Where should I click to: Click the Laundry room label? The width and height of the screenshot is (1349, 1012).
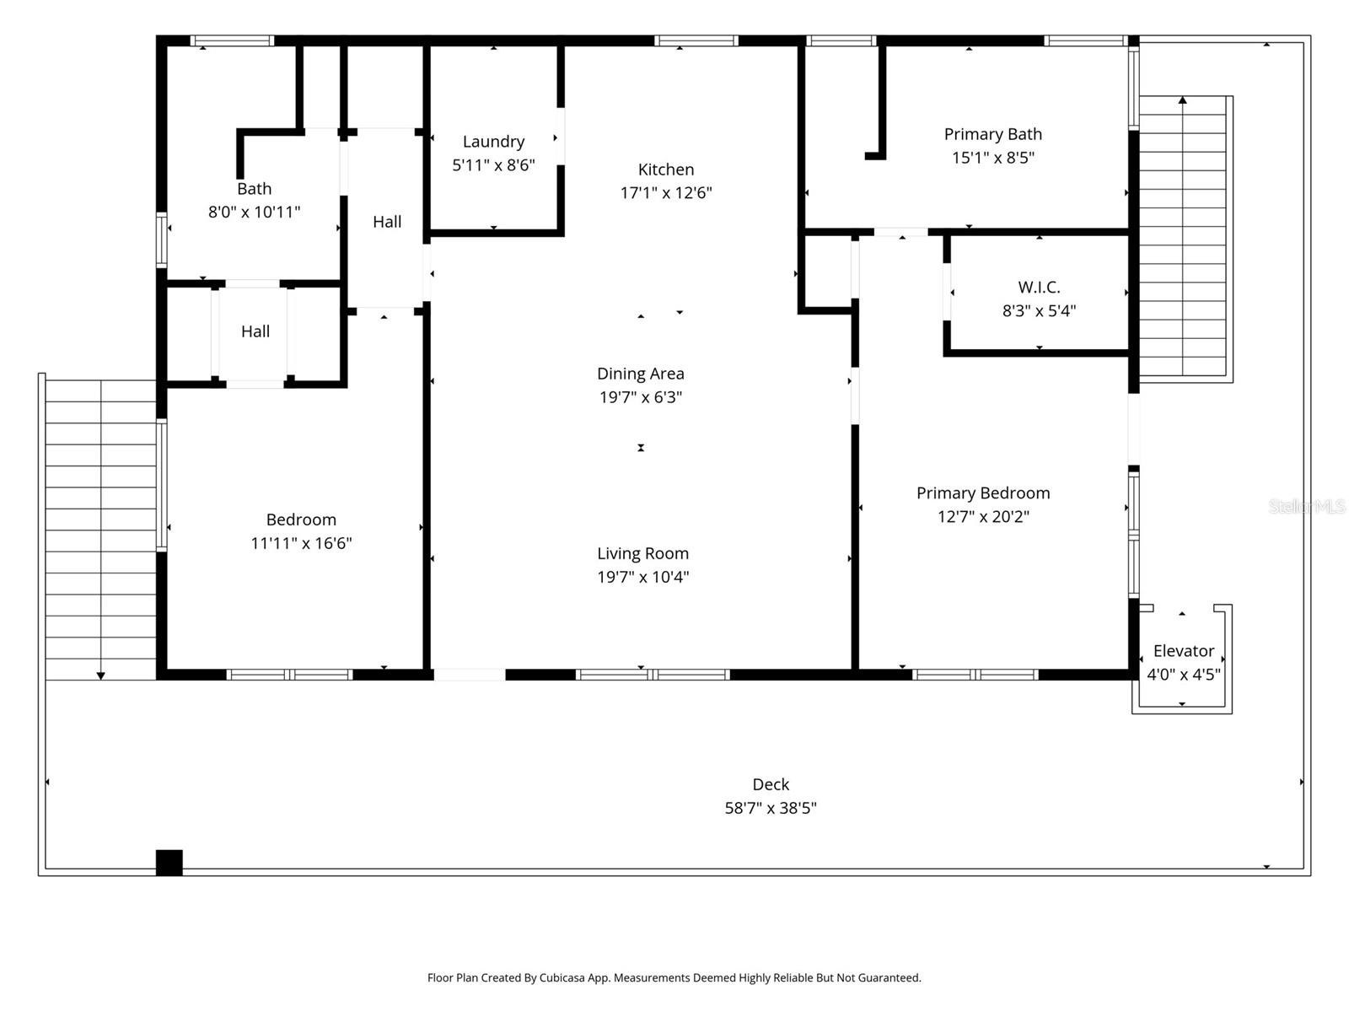coord(493,142)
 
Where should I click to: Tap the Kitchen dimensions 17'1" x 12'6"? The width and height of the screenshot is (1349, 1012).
coord(666,193)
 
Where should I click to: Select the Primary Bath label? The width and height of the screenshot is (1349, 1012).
coord(992,134)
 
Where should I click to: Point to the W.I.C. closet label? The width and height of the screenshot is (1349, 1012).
coord(1039,288)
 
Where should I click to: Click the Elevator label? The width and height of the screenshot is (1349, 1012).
coord(1183,651)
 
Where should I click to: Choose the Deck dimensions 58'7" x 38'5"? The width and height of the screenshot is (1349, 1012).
coord(771,808)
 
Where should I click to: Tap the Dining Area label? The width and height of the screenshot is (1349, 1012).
coord(640,374)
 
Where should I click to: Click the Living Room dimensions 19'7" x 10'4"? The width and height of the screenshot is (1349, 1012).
coord(642,577)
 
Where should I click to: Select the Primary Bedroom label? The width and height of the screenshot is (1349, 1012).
coord(983,493)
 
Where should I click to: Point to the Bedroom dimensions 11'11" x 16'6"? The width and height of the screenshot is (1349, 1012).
coord(301,543)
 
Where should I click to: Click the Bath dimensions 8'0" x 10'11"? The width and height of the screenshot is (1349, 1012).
coord(254,212)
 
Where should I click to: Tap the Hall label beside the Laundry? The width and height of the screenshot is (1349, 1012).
coord(387,222)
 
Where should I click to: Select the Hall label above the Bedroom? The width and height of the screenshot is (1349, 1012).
coord(255,331)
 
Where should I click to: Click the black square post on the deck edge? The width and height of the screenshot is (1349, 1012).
coord(169,862)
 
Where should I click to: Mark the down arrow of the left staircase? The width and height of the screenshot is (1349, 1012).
coord(101,675)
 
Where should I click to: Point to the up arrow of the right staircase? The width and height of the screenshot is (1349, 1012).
coord(1183,101)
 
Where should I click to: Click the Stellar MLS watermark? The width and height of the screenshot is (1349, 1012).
coord(1306,506)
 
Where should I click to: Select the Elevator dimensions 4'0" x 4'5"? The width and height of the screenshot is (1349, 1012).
coord(1183,675)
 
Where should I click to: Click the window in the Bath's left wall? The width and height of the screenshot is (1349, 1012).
coord(162,240)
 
